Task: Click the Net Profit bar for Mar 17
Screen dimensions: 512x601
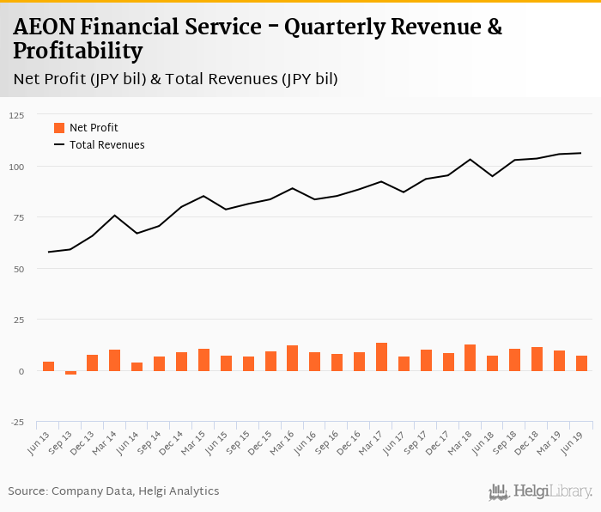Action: [x=381, y=357]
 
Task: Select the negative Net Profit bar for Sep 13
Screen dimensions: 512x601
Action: [x=70, y=373]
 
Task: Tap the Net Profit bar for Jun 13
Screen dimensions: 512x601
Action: [x=48, y=367]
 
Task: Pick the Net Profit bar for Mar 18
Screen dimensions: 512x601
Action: [x=470, y=358]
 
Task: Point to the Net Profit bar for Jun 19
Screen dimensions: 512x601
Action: [x=581, y=363]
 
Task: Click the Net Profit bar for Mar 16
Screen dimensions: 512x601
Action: [x=292, y=358]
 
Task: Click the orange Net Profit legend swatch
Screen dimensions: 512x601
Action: [x=59, y=128]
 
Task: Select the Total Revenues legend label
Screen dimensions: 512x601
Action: [x=107, y=145]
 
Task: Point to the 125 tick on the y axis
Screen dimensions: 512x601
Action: [x=16, y=115]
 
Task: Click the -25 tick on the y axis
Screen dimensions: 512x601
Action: [x=16, y=423]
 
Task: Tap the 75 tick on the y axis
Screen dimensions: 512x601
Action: [x=18, y=217]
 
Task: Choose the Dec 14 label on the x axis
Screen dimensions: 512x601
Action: [x=175, y=444]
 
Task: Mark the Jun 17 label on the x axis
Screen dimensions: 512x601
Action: [x=398, y=444]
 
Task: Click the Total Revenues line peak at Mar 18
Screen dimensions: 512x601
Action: [x=470, y=159]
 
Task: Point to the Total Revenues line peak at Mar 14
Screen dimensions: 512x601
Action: [x=114, y=215]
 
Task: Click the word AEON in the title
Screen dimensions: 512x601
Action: [x=41, y=27]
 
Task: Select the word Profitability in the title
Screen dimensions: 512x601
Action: [x=78, y=52]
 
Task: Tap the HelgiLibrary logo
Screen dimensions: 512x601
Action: [x=540, y=491]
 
